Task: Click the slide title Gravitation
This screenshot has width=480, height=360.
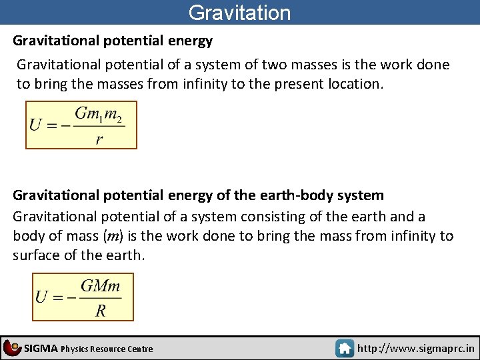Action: [239, 13]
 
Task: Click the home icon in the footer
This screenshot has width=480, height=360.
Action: [345, 348]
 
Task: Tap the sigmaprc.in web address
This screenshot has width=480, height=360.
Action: [416, 348]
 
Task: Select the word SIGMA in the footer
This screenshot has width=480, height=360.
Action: [41, 348]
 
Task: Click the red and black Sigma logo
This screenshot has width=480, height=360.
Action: [12, 347]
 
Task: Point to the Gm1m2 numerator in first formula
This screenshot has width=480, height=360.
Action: [99, 114]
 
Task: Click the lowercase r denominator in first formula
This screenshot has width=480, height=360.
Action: [99, 139]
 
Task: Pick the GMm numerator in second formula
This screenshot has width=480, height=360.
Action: [101, 287]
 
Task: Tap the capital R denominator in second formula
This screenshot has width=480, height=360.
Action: [101, 310]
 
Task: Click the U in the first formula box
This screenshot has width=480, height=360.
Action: [36, 125]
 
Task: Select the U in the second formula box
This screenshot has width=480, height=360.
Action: [42, 297]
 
